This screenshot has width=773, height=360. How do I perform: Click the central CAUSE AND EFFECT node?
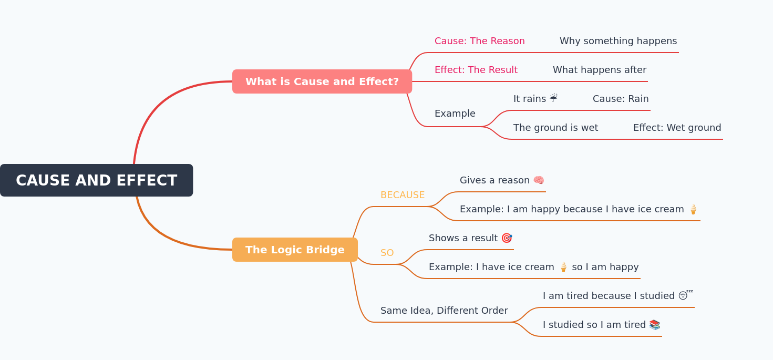[x=96, y=180]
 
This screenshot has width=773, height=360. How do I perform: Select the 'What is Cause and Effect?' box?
[x=322, y=81]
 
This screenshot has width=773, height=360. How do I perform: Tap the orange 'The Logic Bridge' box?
[x=295, y=250]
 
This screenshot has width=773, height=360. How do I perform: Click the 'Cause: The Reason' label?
[x=479, y=41]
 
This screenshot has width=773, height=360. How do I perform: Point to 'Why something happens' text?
[x=618, y=41]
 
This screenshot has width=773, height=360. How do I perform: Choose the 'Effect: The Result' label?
[x=476, y=70]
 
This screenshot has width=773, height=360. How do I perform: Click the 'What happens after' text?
[x=599, y=70]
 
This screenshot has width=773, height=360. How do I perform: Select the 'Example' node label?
[x=455, y=114]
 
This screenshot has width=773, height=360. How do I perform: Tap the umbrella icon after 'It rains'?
[x=553, y=98]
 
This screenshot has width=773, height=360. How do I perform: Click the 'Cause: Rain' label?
[x=620, y=99]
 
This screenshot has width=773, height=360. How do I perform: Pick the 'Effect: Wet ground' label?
[x=677, y=128]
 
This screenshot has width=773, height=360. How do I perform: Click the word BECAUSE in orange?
[x=402, y=195]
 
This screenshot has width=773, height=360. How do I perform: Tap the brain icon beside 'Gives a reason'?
[x=539, y=180]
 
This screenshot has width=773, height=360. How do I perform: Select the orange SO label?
[x=387, y=253]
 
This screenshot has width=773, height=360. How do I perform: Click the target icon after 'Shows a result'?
[x=507, y=238]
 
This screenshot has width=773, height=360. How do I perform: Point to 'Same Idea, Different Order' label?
[x=444, y=311]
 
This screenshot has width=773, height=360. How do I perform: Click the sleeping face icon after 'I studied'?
[x=685, y=295]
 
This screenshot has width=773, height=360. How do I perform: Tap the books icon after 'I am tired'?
[x=654, y=325]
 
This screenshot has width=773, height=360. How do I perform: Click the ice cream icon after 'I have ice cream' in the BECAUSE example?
[x=693, y=209]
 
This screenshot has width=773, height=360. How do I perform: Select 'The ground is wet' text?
[x=555, y=128]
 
